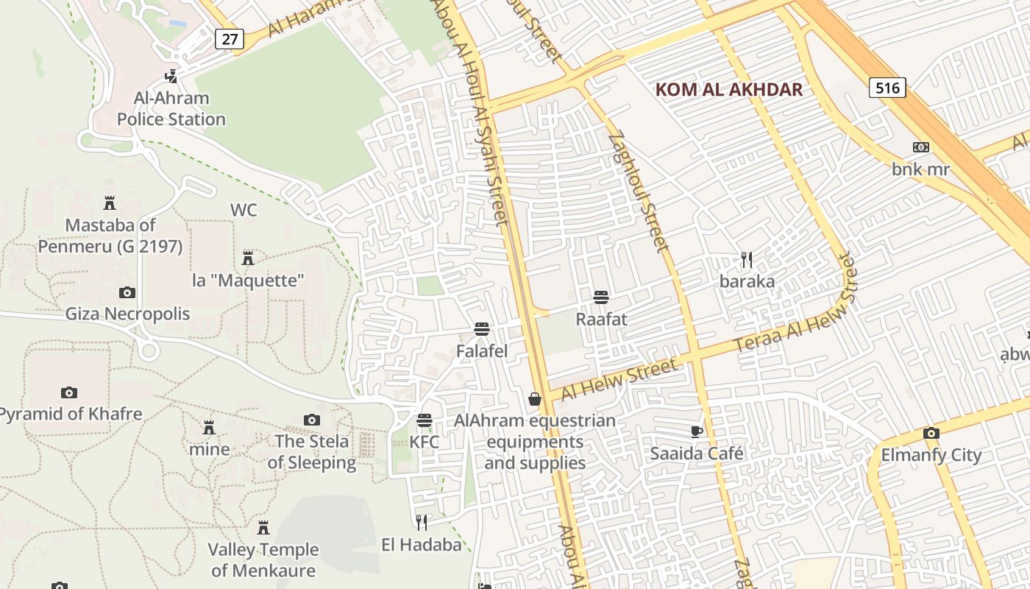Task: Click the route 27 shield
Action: click(230, 38)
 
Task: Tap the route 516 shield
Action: click(887, 88)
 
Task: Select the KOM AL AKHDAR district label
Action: click(728, 90)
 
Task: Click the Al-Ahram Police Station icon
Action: click(171, 76)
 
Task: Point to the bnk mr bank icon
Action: click(920, 147)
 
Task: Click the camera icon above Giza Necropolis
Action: click(127, 292)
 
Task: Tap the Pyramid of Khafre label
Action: click(71, 414)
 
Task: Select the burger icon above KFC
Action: click(424, 420)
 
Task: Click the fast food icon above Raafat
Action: click(601, 297)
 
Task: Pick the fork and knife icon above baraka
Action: click(747, 259)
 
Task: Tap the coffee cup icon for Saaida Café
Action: click(696, 431)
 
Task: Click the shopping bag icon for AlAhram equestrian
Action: click(535, 399)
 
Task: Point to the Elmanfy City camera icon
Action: click(931, 433)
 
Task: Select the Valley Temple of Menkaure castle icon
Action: click(263, 528)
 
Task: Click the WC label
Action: click(244, 211)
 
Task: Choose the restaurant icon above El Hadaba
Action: click(422, 523)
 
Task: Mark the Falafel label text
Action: click(482, 351)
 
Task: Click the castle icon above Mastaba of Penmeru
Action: click(110, 202)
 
